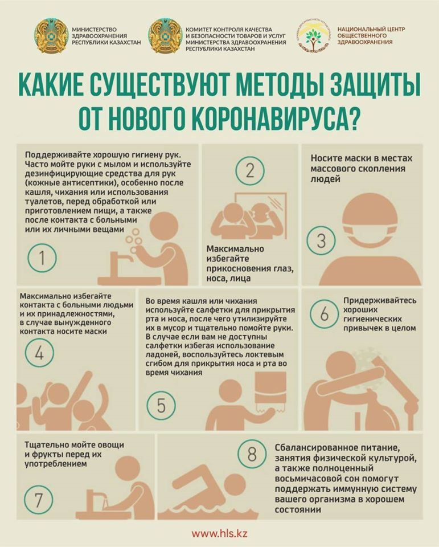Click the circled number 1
click(42, 258)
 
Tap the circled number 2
click(249, 170)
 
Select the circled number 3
click(321, 240)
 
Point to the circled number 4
click(39, 353)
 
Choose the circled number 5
click(161, 405)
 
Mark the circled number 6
click(325, 313)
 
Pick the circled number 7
click(38, 500)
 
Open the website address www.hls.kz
click(220, 533)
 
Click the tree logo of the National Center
click(314, 36)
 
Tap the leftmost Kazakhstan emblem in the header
click(51, 36)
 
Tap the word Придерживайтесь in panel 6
click(380, 300)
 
